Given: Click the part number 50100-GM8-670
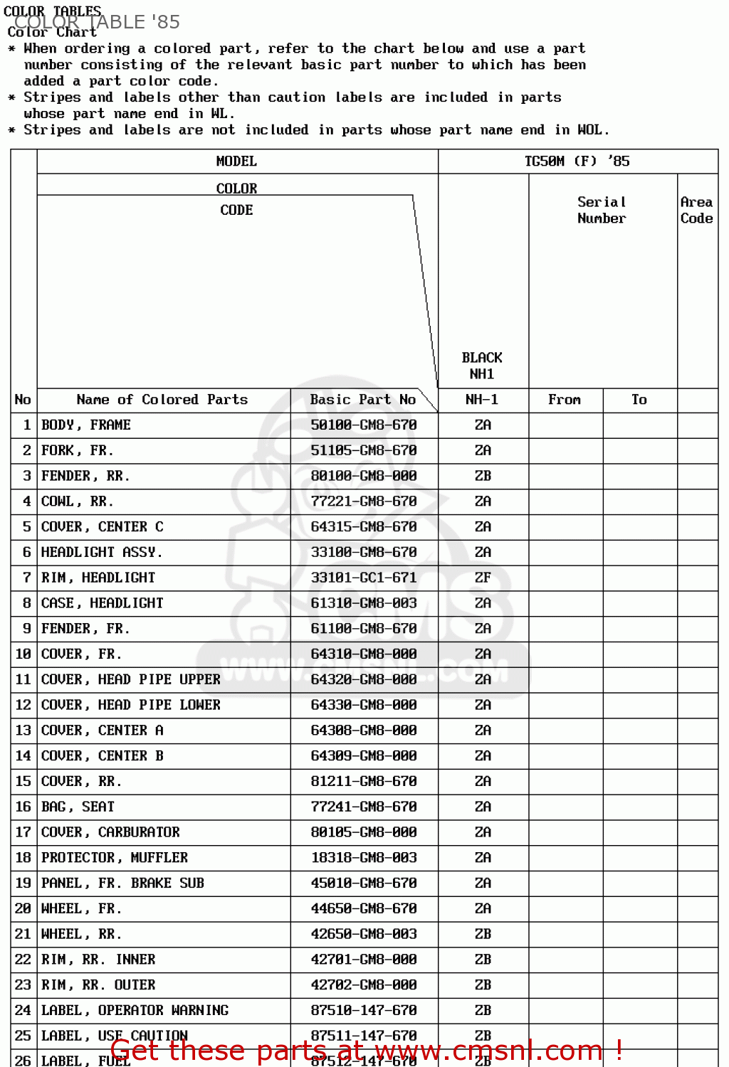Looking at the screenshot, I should (x=363, y=425).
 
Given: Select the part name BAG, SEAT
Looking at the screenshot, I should (x=78, y=807).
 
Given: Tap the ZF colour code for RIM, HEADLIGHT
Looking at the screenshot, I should (x=483, y=578).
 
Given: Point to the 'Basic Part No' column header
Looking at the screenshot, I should (x=362, y=400).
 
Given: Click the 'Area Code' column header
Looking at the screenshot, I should (x=696, y=211).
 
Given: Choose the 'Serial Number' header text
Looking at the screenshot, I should (x=602, y=211).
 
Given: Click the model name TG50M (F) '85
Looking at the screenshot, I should (x=577, y=161).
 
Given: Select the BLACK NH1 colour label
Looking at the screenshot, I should (x=482, y=366).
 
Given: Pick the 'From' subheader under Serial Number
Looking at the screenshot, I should (x=565, y=400).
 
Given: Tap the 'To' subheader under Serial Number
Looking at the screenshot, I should (x=639, y=400).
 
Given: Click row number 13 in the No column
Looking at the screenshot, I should (x=23, y=731).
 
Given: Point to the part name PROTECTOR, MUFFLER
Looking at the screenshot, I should (x=115, y=858).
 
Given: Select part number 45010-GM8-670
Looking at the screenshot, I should (x=363, y=883).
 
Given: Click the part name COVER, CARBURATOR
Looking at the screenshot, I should (x=110, y=832).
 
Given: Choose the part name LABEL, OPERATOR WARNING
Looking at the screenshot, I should (x=135, y=1010).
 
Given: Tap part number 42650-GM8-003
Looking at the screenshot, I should (x=363, y=934).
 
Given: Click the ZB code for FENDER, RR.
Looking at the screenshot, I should (x=483, y=476).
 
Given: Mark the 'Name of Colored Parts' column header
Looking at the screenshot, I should (x=162, y=400).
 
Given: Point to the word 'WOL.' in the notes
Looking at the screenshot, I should (x=592, y=130).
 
